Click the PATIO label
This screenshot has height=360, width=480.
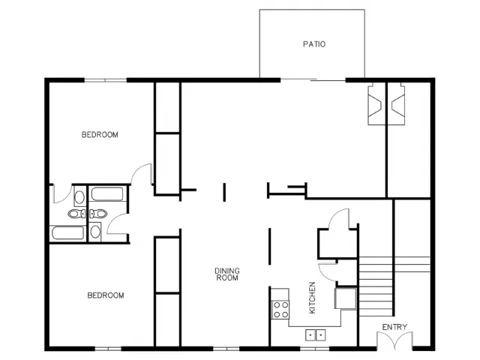pyautogui.click(x=314, y=44)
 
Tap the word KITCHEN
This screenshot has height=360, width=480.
pyautogui.click(x=312, y=298)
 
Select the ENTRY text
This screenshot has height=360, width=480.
pyautogui.click(x=394, y=327)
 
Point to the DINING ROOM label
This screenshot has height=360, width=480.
pyautogui.click(x=226, y=274)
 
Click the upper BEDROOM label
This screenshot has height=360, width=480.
pyautogui.click(x=100, y=135)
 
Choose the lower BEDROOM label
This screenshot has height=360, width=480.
pyautogui.click(x=106, y=295)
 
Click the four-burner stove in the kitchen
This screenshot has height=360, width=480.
pyautogui.click(x=280, y=310)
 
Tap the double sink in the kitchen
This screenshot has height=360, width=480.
pyautogui.click(x=315, y=335)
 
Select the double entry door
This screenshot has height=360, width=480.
pyautogui.click(x=394, y=340)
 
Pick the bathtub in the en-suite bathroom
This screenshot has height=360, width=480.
pyautogui.click(x=67, y=233)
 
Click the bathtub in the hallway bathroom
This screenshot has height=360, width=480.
pyautogui.click(x=107, y=193)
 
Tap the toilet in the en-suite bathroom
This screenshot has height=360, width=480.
pyautogui.click(x=76, y=213)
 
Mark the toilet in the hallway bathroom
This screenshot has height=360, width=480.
pyautogui.click(x=98, y=213)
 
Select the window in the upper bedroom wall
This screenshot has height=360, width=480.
pyautogui.click(x=106, y=80)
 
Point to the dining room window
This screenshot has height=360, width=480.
pyautogui.click(x=226, y=348)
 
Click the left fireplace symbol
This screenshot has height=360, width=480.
pyautogui.click(x=375, y=105)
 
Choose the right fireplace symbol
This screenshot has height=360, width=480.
pyautogui.click(x=397, y=105)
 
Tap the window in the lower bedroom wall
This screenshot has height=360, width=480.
pyautogui.click(x=108, y=348)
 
